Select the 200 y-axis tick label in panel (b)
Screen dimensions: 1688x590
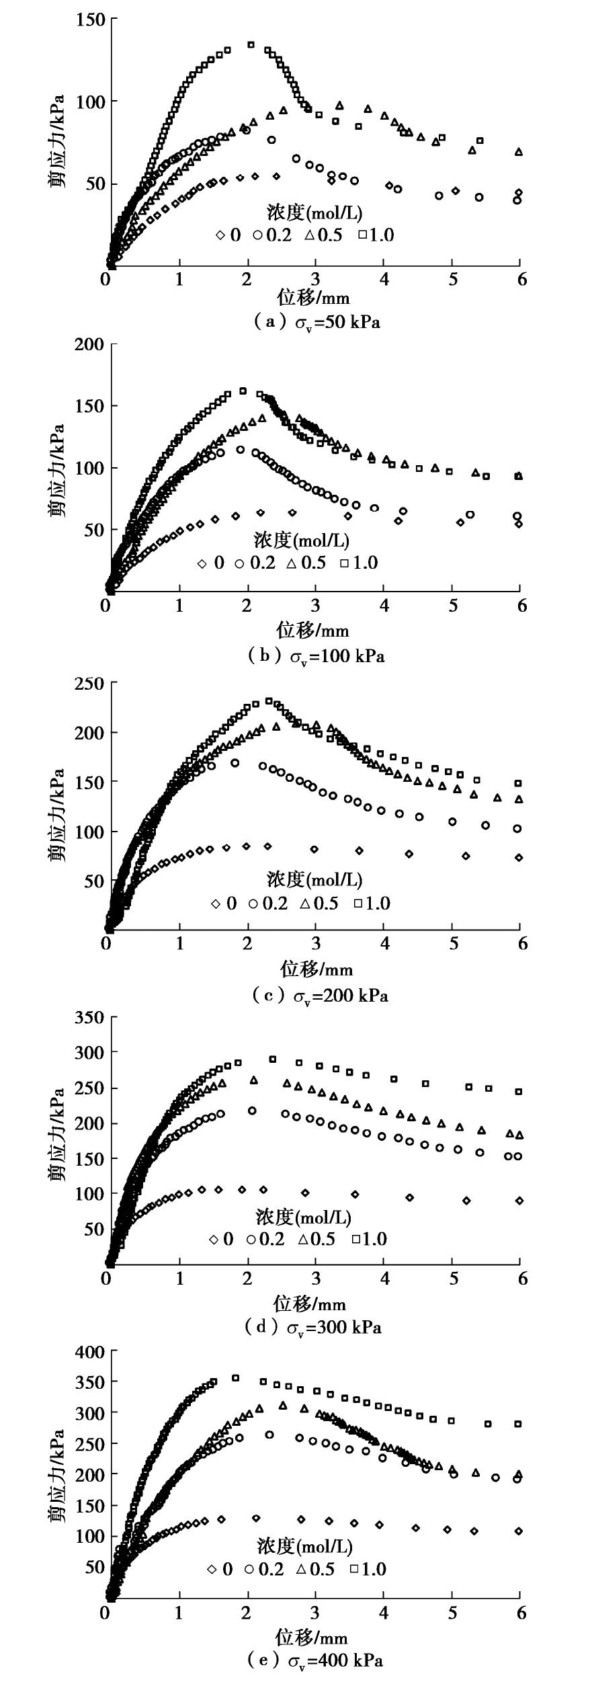[90, 345]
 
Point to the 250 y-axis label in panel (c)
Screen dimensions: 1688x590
[90, 683]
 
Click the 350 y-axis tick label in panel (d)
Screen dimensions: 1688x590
[90, 1017]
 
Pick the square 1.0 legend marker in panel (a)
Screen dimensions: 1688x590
[362, 235]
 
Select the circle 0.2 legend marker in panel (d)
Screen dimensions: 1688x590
[253, 1238]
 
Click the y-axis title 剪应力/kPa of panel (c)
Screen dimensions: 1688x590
[58, 815]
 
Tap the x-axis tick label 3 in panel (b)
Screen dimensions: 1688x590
[315, 605]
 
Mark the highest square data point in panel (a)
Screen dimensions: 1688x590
[251, 45]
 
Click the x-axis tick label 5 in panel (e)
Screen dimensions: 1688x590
[453, 1612]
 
